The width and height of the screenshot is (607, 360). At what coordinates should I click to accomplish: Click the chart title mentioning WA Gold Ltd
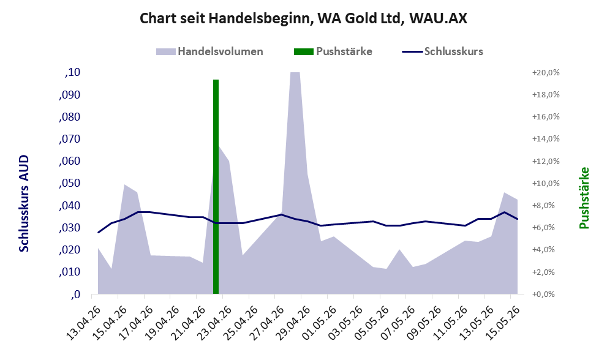[303, 18]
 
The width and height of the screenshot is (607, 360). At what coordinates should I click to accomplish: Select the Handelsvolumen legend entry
[209, 51]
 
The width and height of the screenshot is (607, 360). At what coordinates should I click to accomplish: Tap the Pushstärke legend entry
[333, 51]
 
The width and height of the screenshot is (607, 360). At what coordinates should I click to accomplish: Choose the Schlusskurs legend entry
[442, 51]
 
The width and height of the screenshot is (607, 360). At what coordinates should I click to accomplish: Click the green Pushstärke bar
[216, 187]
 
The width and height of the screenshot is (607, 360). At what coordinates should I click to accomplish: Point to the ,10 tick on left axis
[72, 72]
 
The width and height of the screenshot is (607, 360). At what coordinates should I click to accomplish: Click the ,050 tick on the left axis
[70, 183]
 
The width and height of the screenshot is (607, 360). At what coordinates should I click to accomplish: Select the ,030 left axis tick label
[70, 228]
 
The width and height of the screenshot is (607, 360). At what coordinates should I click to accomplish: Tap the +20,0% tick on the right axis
[546, 73]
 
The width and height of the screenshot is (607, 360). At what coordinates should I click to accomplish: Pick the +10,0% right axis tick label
[546, 184]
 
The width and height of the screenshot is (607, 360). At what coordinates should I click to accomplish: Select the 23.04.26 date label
[214, 323]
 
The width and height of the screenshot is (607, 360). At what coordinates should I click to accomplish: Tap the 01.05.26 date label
[319, 323]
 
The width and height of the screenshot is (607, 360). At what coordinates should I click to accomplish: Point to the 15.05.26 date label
[502, 323]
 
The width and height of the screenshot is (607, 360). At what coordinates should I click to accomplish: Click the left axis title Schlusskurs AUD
[24, 203]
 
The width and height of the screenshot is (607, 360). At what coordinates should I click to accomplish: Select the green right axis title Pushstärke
[584, 198]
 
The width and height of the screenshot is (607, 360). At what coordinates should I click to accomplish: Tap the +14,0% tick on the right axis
[546, 139]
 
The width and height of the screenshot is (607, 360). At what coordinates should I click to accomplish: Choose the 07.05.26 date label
[398, 323]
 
